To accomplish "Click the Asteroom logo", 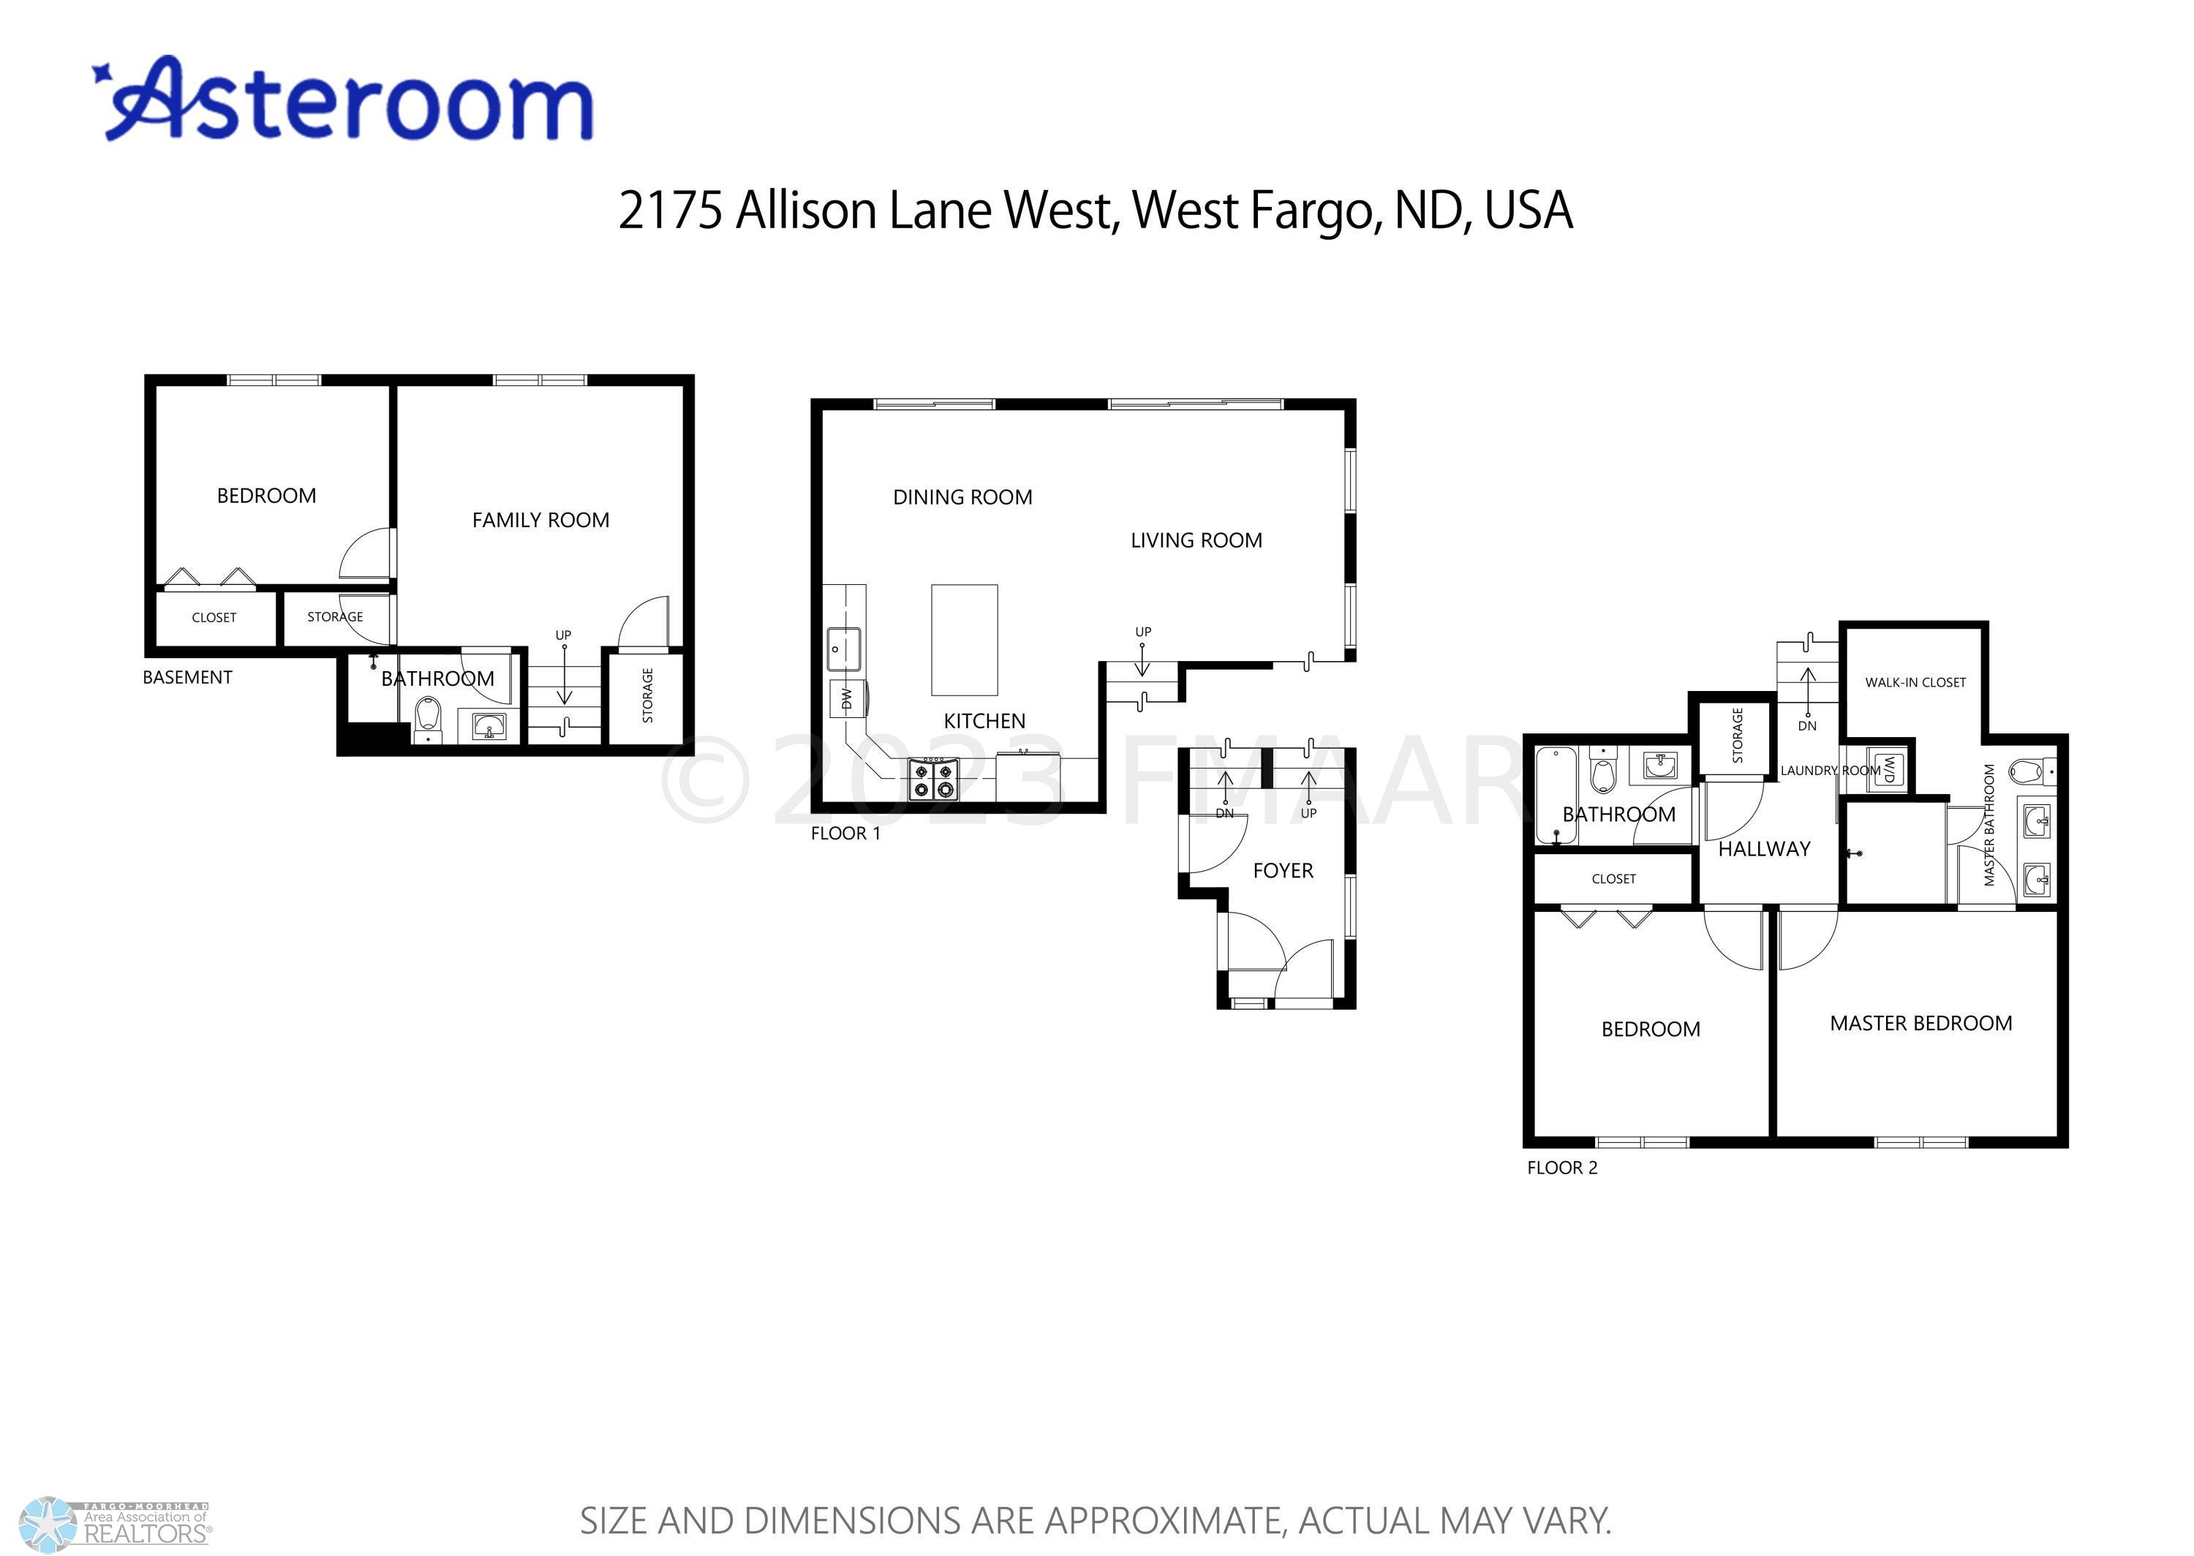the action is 343,99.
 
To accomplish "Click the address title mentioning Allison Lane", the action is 1095,210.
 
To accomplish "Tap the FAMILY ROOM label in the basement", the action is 540,521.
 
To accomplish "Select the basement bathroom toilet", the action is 429,719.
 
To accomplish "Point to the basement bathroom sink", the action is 489,726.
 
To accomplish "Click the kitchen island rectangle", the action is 964,640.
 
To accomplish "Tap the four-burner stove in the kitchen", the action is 933,779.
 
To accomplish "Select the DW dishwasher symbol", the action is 847,698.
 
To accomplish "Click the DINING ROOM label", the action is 963,497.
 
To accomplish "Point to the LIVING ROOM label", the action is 1196,540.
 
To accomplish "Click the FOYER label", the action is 1283,871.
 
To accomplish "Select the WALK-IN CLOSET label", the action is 1915,682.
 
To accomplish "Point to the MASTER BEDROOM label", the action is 1921,1023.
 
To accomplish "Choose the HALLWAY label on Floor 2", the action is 1764,849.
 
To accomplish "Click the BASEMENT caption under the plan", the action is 188,677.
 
